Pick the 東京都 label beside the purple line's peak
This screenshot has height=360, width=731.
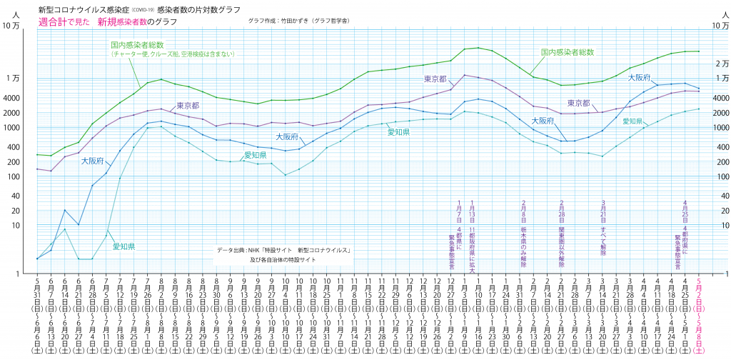435,79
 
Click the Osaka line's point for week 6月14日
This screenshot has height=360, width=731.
65,210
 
